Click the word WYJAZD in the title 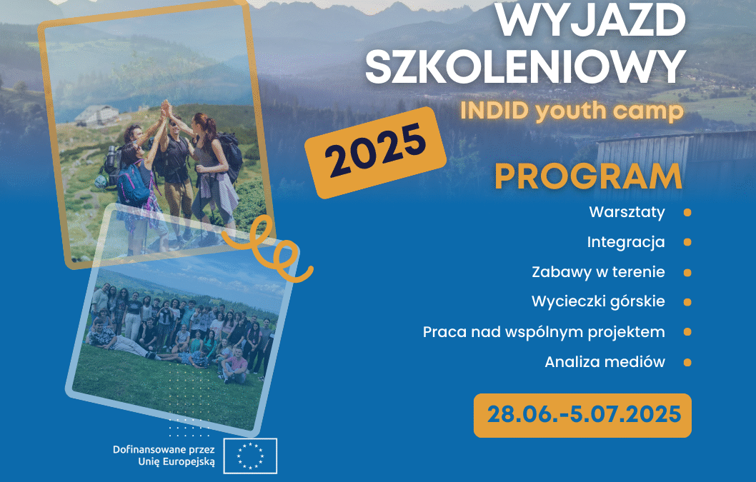coord(591,20)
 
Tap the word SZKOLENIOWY coord(525,67)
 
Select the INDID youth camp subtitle coord(572,111)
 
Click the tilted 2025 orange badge coord(376,152)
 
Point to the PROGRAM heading coord(588,177)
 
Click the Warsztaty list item coord(627,212)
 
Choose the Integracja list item coord(626,243)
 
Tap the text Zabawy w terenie coord(598,272)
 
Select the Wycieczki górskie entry coord(598,302)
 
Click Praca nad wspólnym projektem coord(544,332)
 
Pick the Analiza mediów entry coord(605,362)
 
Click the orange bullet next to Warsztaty coord(687,213)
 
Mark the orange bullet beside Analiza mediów coord(687,362)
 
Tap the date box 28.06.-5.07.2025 coord(582,415)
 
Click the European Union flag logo coord(250,456)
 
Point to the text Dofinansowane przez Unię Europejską coord(164,456)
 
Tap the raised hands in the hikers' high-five coord(166,109)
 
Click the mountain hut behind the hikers coord(97,115)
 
